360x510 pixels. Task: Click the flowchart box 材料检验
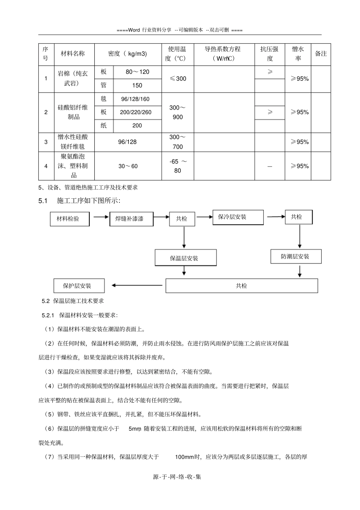[70, 219]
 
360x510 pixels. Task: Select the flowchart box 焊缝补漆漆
[131, 219]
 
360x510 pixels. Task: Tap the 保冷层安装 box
[238, 217]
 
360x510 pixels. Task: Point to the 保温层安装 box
[185, 258]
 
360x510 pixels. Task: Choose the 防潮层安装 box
[296, 257]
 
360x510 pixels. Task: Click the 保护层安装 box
[79, 286]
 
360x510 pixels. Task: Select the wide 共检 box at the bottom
[241, 286]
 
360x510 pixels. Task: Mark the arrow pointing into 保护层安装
[135, 286]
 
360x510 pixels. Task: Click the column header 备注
[321, 54]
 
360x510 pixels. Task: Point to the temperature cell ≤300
[178, 79]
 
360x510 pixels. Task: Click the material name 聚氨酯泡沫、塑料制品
[74, 166]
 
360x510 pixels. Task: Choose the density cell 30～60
[128, 166]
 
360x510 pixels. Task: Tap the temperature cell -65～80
[178, 166]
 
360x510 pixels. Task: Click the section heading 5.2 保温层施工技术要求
[73, 301]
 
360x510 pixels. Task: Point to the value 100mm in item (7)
[184, 457]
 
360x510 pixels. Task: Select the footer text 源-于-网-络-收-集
[177, 477]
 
